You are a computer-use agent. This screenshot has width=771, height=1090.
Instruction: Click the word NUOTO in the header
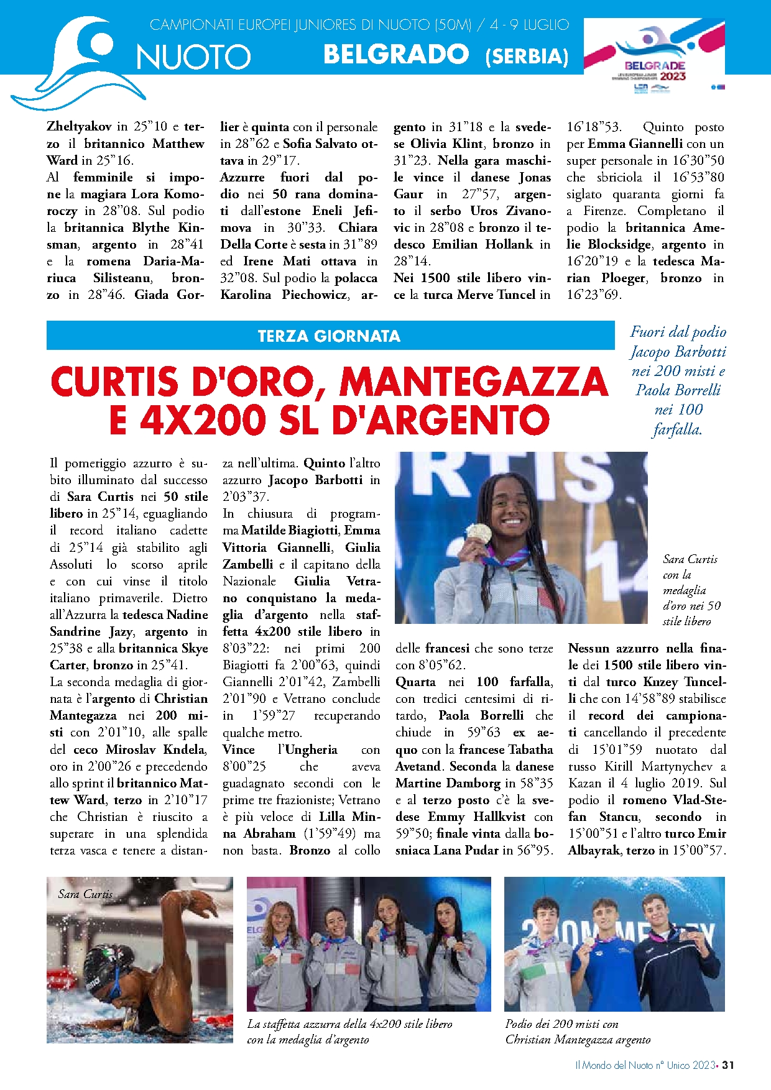(x=193, y=57)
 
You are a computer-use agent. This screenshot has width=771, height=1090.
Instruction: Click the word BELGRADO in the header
(x=396, y=55)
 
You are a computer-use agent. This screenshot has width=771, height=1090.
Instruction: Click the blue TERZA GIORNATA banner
(x=330, y=336)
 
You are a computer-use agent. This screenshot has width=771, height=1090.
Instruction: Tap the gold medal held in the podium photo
(x=478, y=533)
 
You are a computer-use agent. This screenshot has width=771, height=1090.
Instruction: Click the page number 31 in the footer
(x=728, y=1065)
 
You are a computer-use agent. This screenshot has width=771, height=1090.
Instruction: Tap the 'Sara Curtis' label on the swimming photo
(x=85, y=894)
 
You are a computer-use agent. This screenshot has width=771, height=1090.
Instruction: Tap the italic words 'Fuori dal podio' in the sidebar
(x=678, y=332)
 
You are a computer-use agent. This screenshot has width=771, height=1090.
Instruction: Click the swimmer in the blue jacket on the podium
(x=597, y=969)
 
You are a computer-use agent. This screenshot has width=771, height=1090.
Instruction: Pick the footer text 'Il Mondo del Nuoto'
(x=614, y=1065)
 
